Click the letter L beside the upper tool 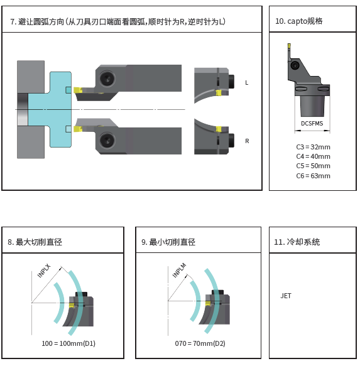(x=247, y=83)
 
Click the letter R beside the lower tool (x=247, y=141)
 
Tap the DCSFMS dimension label (x=312, y=124)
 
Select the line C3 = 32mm (x=313, y=147)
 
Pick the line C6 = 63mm (x=313, y=176)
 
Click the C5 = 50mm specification (x=313, y=166)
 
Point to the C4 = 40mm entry (x=313, y=156)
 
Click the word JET (x=286, y=296)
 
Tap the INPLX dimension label (x=44, y=271)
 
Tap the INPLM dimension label (x=179, y=271)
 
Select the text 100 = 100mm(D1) (x=68, y=343)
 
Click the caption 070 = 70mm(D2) (x=200, y=343)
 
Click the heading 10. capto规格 (x=299, y=21)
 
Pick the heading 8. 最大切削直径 (x=35, y=242)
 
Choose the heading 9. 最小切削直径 (x=168, y=242)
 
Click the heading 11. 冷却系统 (x=297, y=242)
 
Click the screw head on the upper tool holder (x=107, y=78)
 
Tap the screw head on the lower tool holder (x=107, y=140)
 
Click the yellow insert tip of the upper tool (x=77, y=90)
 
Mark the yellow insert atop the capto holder (x=289, y=45)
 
